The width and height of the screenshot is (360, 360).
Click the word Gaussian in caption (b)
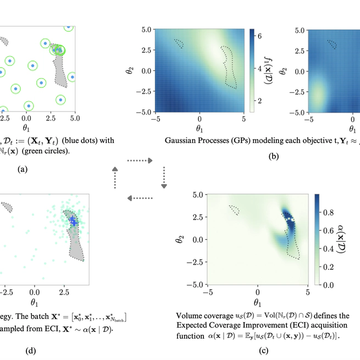coord(181,140)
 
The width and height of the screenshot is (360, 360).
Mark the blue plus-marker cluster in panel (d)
coord(72,220)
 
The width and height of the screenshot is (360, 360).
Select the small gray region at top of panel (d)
coord(7,207)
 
